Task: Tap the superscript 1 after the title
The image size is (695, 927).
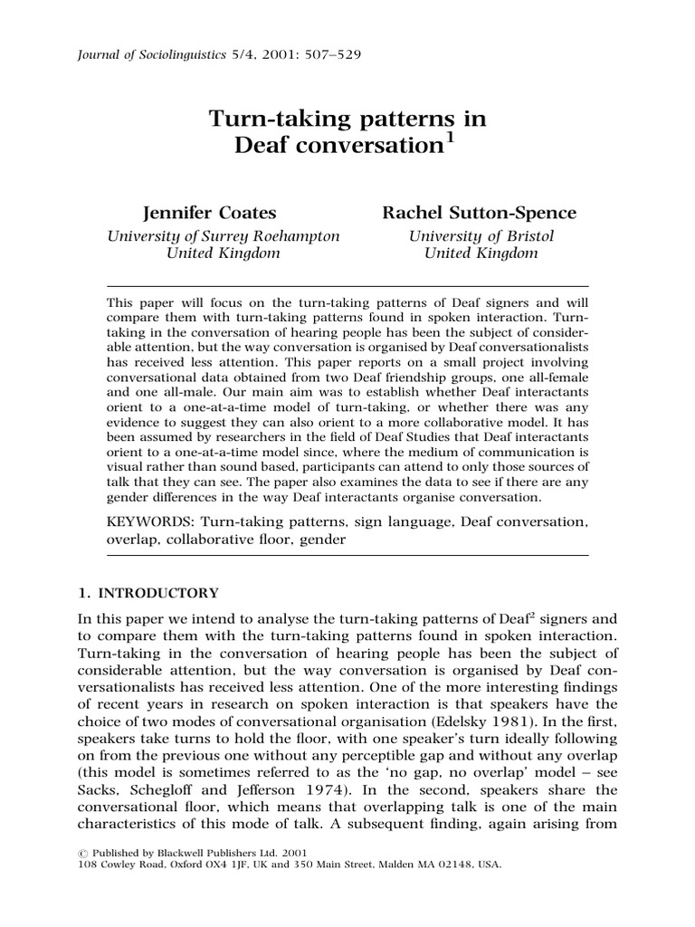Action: coord(450,137)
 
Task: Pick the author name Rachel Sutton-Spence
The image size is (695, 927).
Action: coord(479,213)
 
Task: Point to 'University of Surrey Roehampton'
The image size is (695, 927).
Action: coord(224,235)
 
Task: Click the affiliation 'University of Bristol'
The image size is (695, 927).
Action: coord(481,235)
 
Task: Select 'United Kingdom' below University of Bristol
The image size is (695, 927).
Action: coord(481,253)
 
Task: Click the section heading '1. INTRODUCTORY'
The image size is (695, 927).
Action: coord(149,594)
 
